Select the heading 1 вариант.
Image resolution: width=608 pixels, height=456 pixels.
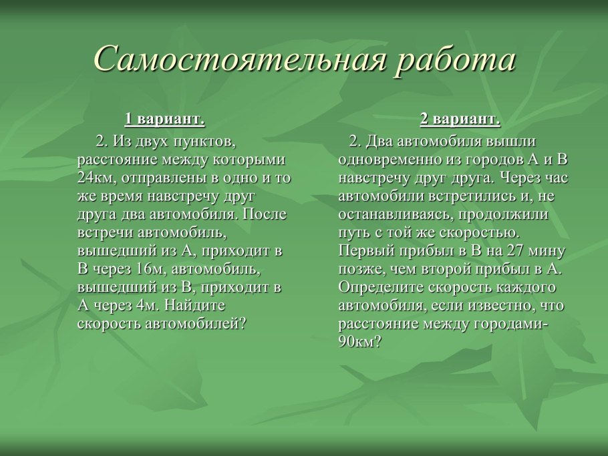[164, 120]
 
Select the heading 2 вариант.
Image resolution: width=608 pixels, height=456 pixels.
[460, 120]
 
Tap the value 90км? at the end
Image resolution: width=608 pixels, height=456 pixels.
[360, 342]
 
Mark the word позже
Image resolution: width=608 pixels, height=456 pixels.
[359, 269]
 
